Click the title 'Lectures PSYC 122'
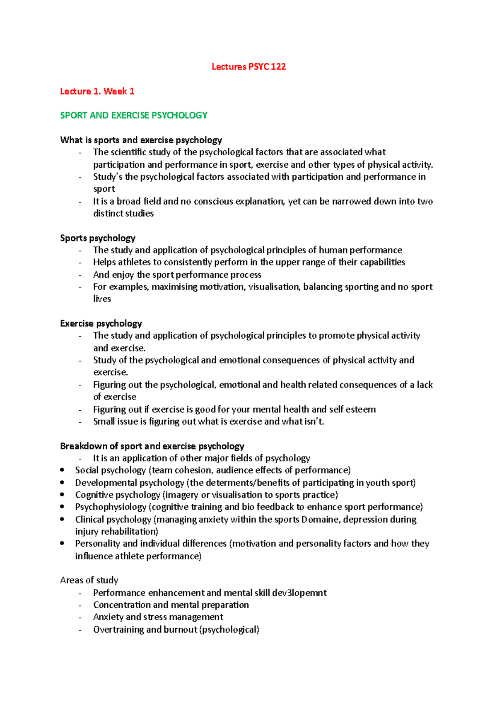248,67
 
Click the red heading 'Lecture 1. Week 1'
97,91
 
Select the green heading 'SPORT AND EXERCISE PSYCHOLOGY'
134,116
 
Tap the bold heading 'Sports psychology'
98,238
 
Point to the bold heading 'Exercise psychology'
101,323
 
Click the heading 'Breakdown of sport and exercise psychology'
152,446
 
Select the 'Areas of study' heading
89,580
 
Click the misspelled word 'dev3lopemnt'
299,592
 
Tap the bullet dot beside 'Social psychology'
62,470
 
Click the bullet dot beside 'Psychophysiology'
62,507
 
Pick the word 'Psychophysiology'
111,507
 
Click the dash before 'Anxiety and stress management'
80,617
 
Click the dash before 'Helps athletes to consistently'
80,262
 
